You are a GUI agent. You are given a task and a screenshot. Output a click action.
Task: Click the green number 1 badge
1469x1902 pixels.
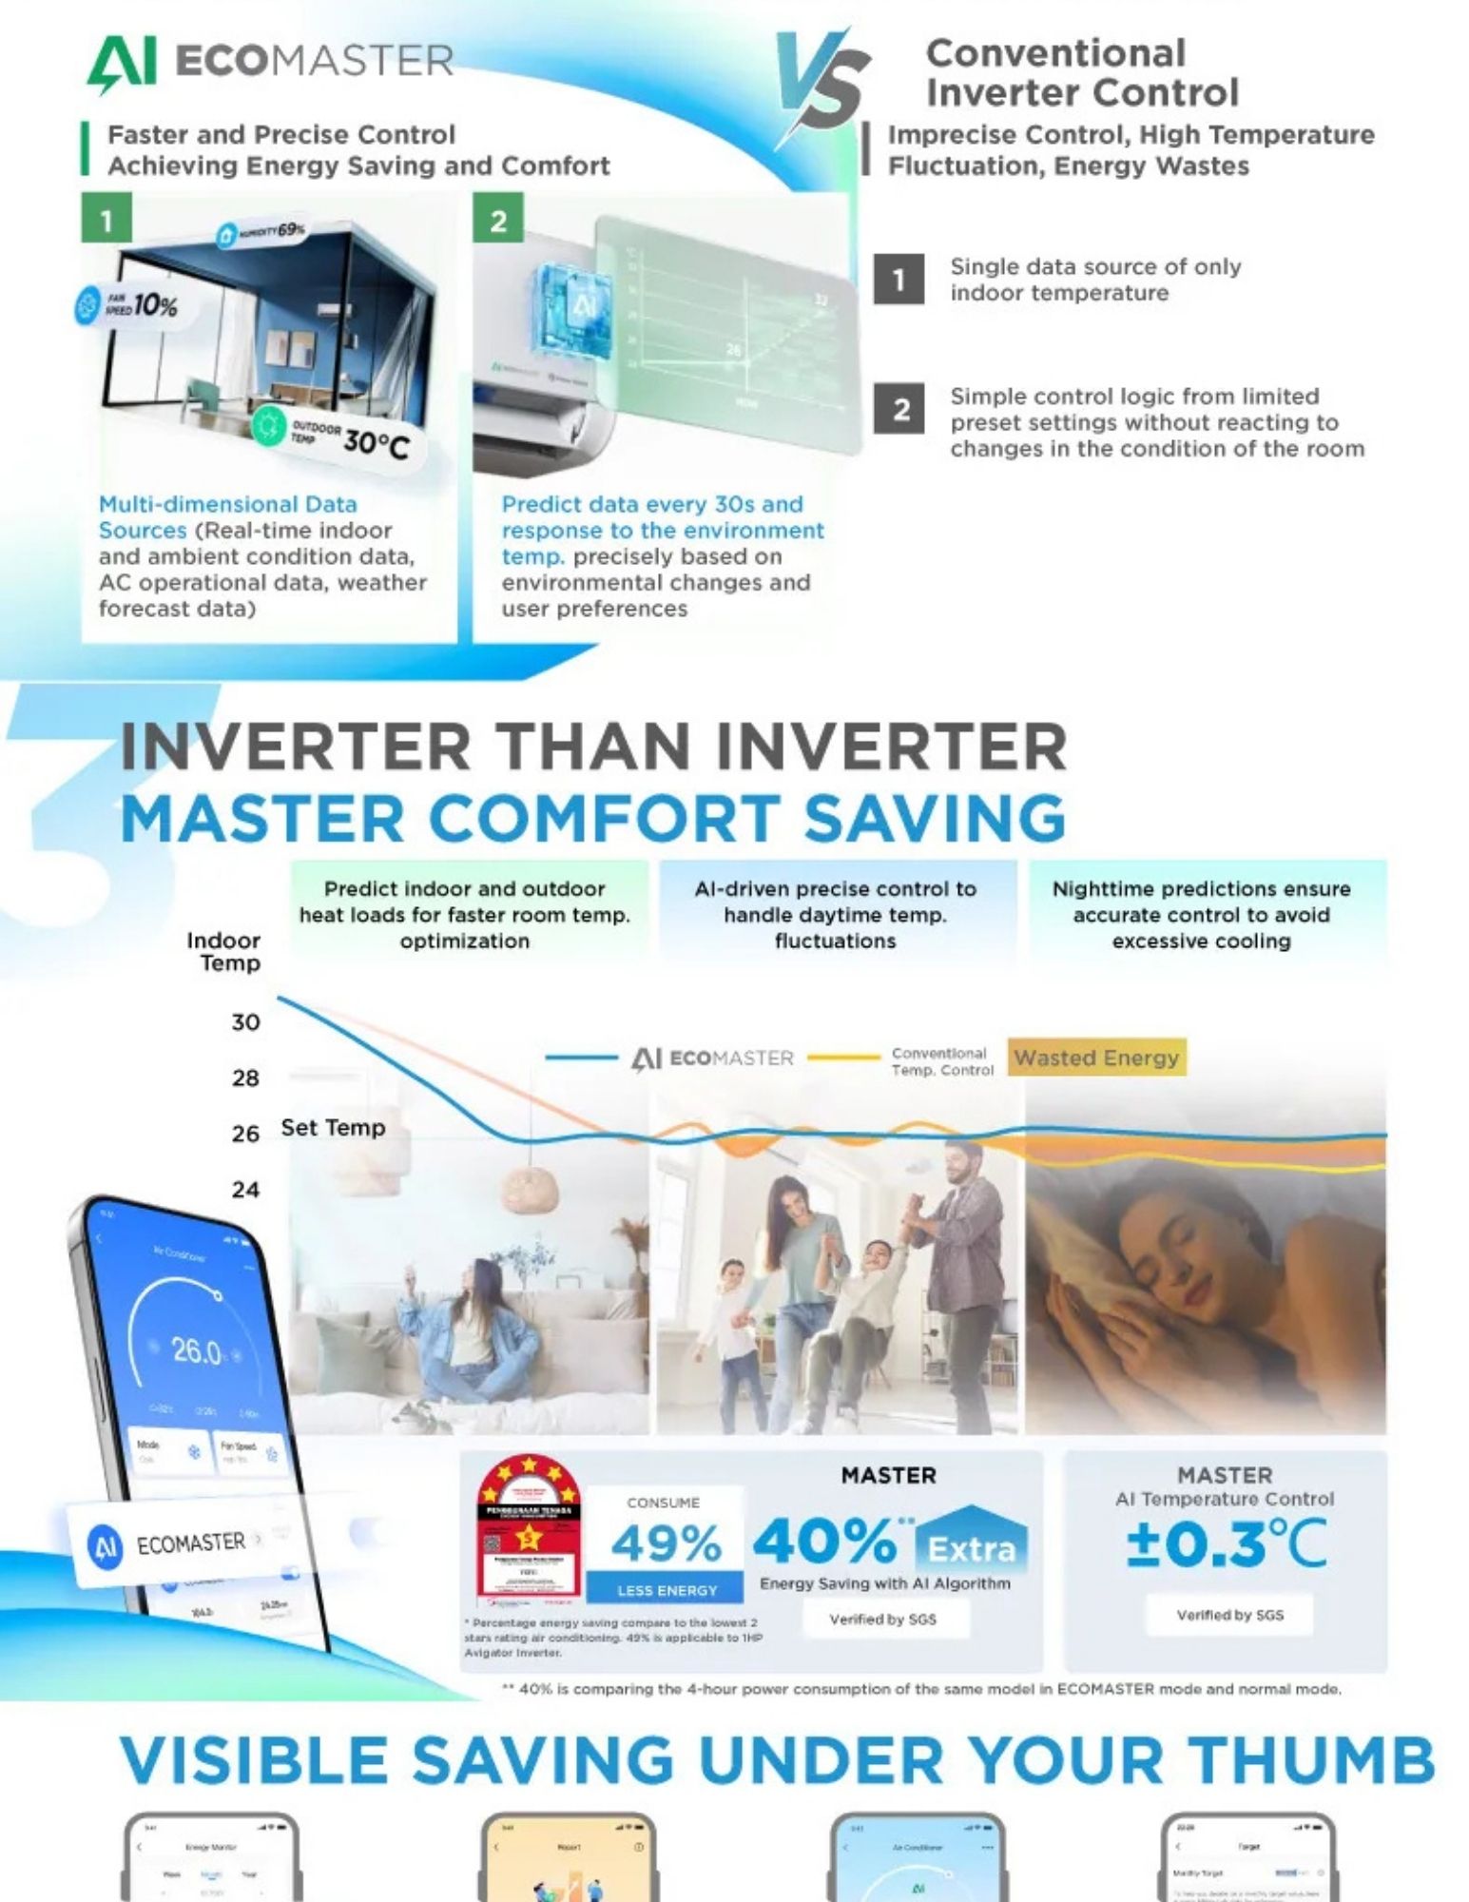pos(106,220)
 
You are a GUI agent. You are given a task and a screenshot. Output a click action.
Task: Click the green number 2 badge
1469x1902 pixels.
pos(497,220)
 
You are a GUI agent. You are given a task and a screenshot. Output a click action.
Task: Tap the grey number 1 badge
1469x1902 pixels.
pos(899,280)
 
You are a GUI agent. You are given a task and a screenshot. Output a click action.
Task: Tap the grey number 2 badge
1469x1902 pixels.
pos(899,410)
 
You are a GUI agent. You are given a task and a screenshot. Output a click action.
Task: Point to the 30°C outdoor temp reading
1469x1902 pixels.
pos(376,442)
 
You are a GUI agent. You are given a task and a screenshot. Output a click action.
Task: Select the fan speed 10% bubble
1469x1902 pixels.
pos(128,305)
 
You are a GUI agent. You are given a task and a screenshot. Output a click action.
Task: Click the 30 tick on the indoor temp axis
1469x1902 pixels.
pos(245,1022)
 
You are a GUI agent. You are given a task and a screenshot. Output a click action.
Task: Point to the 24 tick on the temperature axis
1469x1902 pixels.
pos(245,1190)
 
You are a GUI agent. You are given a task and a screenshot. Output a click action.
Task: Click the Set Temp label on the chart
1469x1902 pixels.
pos(333,1128)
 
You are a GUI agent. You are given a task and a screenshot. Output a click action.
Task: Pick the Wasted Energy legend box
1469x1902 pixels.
pos(1096,1058)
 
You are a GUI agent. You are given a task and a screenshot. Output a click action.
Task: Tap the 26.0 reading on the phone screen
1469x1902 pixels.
pos(196,1350)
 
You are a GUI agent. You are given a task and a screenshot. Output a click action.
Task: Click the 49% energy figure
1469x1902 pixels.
pos(666,1543)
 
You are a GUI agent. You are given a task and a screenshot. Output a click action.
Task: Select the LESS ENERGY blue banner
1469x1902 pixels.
pos(666,1590)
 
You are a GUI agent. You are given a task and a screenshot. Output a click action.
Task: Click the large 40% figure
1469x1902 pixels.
pos(824,1542)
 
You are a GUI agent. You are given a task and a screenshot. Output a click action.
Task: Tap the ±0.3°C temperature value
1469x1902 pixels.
pos(1227,1543)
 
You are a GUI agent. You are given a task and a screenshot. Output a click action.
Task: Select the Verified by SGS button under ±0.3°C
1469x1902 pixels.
pos(1229,1615)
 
